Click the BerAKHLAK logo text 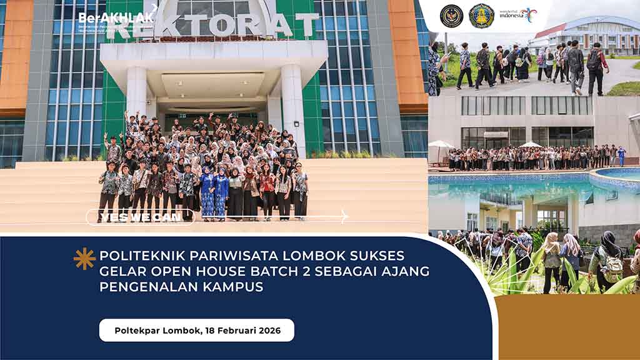point(116,17)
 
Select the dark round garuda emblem point(451,16)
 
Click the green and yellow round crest point(481,16)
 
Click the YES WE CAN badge point(140,217)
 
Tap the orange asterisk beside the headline point(84,258)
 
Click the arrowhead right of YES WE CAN point(344,217)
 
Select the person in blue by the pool point(621,156)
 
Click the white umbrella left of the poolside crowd point(441,146)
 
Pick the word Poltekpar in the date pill point(137,330)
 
